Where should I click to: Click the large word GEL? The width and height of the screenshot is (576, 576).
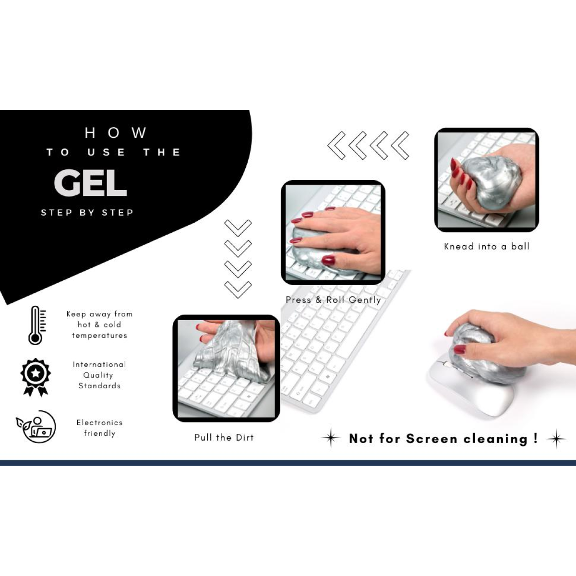(90, 182)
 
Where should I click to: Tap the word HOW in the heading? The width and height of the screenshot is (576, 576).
(116, 132)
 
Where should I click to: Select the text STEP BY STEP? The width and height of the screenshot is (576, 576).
(87, 213)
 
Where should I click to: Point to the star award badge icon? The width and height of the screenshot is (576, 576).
(36, 377)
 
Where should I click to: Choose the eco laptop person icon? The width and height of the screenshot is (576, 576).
(36, 426)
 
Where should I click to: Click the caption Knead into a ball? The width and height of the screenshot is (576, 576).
(487, 246)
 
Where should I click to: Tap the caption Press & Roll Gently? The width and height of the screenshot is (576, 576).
(333, 300)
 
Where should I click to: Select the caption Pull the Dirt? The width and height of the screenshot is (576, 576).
(224, 437)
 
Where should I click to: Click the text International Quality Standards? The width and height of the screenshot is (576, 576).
(99, 375)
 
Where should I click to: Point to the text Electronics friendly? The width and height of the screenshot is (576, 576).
(99, 428)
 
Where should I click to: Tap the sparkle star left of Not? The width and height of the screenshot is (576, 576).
(331, 438)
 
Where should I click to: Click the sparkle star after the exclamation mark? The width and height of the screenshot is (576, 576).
(556, 439)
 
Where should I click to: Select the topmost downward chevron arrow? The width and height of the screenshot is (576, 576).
(238, 228)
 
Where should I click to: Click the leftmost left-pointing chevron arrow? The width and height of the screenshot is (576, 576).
(336, 145)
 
